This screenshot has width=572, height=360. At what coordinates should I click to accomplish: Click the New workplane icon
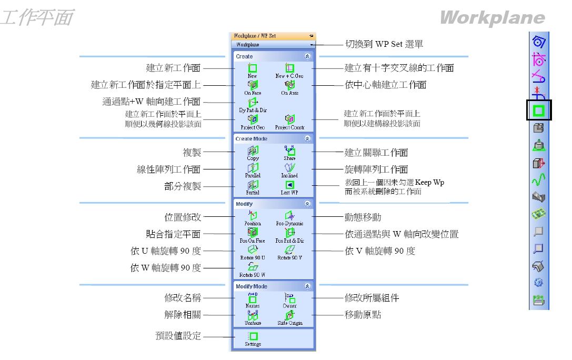(253, 68)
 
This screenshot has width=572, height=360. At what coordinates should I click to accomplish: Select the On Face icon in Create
(253, 85)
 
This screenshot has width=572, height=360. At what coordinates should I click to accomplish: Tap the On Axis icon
(289, 85)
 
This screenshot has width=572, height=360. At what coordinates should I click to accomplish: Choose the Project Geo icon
(253, 119)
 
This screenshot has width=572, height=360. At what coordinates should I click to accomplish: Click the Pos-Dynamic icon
(289, 216)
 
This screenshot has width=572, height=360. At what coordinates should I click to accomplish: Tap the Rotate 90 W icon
(253, 267)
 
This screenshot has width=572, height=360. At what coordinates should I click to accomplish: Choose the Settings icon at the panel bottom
(253, 336)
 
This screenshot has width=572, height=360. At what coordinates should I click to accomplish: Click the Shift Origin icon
(289, 316)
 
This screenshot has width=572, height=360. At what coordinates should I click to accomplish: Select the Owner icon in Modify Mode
(289, 298)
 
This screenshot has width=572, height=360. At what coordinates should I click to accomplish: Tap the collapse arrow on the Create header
(307, 56)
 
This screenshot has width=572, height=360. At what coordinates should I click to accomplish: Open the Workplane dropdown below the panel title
(273, 45)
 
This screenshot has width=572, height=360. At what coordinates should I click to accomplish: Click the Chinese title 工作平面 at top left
(37, 18)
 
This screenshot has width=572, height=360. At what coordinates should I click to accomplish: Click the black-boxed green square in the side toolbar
(539, 111)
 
